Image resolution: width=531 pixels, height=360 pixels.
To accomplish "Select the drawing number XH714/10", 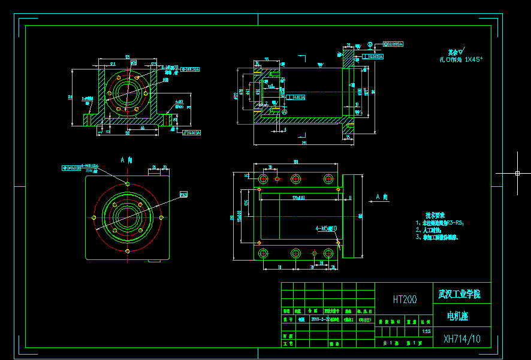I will [461, 339].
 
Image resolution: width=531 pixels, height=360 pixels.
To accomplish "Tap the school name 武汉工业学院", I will [459, 294].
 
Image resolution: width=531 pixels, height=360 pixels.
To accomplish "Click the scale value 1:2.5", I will [426, 331].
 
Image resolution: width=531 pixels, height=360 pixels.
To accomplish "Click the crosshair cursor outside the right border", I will [517, 173].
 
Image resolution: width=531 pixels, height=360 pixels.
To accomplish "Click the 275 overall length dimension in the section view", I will [304, 143].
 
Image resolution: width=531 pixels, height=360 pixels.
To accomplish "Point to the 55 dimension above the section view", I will [267, 59].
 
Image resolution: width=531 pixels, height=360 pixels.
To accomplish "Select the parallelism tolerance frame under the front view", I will [192, 132].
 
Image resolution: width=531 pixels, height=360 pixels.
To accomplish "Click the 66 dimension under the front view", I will [142, 127].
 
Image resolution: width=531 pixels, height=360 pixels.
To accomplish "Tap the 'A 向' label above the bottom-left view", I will [126, 160].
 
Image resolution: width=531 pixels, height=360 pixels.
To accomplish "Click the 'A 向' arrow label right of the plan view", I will [382, 196].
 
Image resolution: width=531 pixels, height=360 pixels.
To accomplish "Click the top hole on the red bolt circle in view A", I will [127, 183].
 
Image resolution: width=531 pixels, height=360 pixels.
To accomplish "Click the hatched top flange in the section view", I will [348, 58].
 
